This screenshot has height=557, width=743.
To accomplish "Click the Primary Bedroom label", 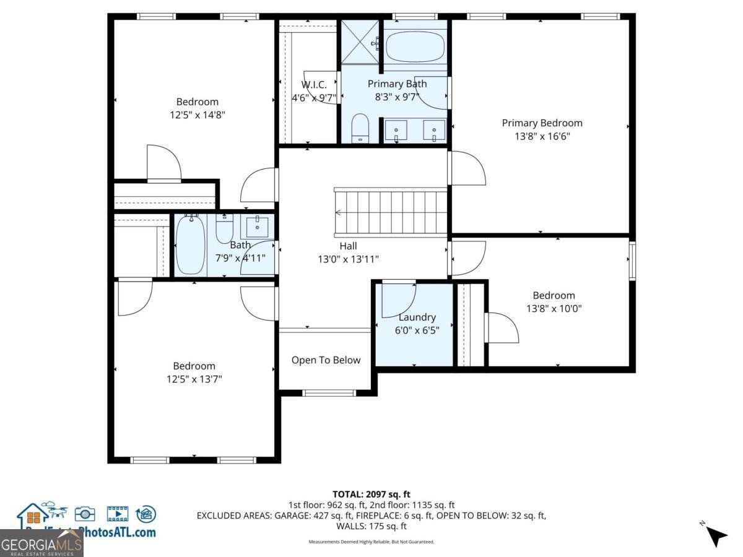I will [x=542, y=123].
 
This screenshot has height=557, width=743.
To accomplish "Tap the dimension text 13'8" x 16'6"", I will [x=542, y=136].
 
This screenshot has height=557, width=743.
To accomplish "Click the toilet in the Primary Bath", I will [x=360, y=128].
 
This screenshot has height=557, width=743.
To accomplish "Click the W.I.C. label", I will [x=314, y=85].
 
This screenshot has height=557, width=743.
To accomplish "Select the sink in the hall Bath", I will [x=257, y=227].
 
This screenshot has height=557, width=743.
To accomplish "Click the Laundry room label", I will [x=417, y=317].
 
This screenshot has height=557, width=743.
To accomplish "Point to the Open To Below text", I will [x=326, y=360].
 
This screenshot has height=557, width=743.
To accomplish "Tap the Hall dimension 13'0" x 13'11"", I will [x=348, y=259].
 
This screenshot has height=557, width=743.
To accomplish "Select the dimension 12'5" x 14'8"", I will [x=197, y=115].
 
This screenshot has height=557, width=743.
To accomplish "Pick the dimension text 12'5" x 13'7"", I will [x=194, y=379].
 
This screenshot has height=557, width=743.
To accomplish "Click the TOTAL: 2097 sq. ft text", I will [x=371, y=494].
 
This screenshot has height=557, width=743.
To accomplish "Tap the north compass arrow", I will [x=717, y=535].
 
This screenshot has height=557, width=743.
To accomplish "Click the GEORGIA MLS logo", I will [x=41, y=545].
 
